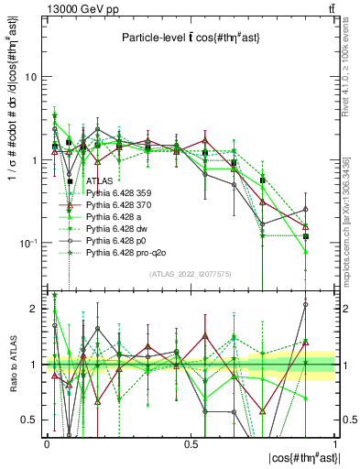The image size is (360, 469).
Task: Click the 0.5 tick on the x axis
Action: [x=191, y=442]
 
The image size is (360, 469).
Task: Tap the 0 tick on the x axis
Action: [x=47, y=442]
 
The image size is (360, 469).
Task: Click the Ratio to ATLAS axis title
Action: [x=12, y=364]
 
